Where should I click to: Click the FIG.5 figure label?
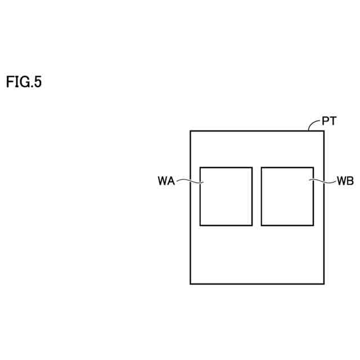tap(24, 82)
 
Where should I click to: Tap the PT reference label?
tap(330, 121)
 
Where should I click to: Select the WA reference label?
tap(166, 181)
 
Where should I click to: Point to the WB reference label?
tap(345, 181)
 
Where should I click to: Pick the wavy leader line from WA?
tap(190, 181)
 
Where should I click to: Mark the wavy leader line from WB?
tap(323, 181)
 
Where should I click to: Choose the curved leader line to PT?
tap(314, 124)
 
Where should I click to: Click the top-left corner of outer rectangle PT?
tap(191, 131)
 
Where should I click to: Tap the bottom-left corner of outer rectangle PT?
tap(191, 283)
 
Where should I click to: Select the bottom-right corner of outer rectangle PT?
tap(324, 283)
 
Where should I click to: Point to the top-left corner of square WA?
tap(200, 167)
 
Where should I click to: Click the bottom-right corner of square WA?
tap(251, 225)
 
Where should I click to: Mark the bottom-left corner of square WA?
tap(200, 225)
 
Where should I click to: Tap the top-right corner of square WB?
tap(313, 167)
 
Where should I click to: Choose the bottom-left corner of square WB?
tap(262, 225)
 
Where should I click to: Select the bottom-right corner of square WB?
tap(313, 225)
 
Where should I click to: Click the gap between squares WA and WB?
tap(256, 196)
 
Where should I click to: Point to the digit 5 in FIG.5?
tap(38, 82)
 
